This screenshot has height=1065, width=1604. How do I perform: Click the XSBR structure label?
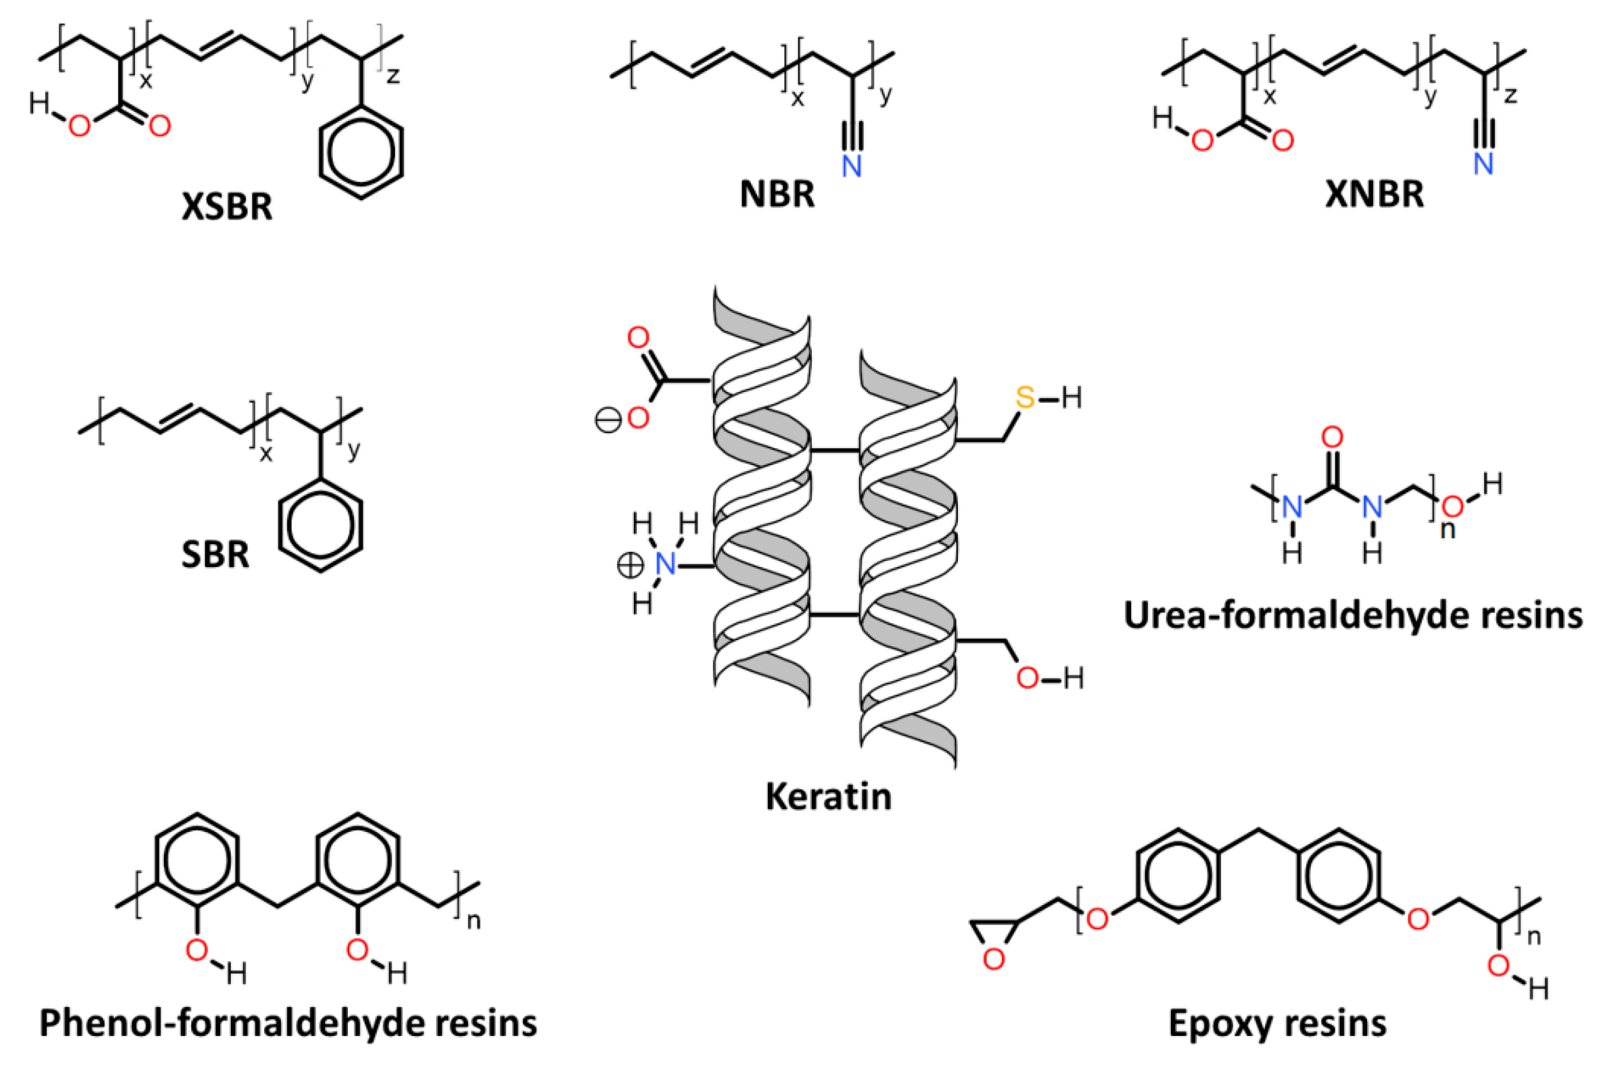pyautogui.click(x=227, y=206)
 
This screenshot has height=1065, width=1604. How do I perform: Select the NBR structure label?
pyautogui.click(x=777, y=193)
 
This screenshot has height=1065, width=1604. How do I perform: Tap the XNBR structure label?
pyautogui.click(x=1374, y=193)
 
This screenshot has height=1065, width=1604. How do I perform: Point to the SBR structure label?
pyautogui.click(x=215, y=554)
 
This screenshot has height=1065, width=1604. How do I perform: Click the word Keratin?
pyautogui.click(x=828, y=796)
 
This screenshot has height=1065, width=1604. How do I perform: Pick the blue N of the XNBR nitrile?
pyautogui.click(x=1483, y=163)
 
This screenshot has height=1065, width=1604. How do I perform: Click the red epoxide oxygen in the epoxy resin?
pyautogui.click(x=994, y=959)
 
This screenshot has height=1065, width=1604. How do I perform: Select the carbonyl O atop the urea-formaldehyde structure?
pyautogui.click(x=1332, y=437)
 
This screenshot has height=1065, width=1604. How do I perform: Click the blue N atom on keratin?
pyautogui.click(x=666, y=564)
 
